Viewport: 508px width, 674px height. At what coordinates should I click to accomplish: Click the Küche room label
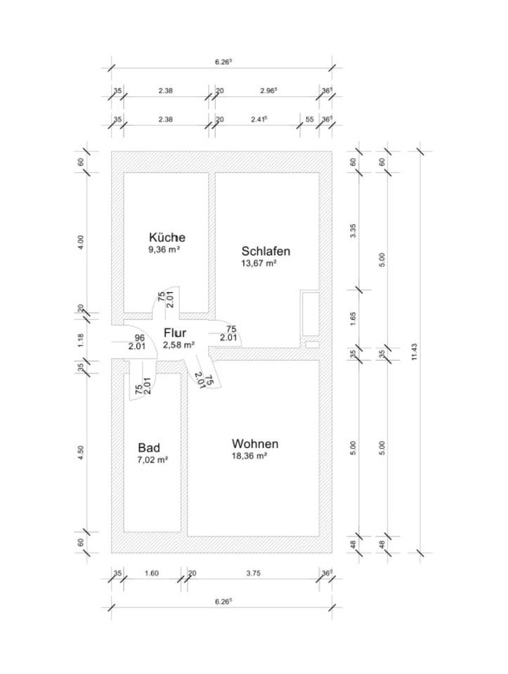click(x=167, y=237)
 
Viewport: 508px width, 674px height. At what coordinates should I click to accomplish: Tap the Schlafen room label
click(x=266, y=251)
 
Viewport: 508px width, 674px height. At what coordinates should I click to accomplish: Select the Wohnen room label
click(x=255, y=444)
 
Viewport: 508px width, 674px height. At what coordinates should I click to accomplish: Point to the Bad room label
click(x=149, y=448)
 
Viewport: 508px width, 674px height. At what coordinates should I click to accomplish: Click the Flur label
click(x=175, y=333)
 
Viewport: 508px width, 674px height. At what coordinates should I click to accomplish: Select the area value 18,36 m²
click(x=249, y=456)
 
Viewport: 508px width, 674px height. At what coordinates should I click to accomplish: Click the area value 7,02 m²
click(x=152, y=460)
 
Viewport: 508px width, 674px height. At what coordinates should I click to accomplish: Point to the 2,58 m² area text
click(x=178, y=345)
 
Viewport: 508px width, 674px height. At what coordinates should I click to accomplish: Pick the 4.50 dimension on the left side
click(x=82, y=453)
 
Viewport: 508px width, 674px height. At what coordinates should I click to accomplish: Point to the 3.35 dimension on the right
click(x=353, y=230)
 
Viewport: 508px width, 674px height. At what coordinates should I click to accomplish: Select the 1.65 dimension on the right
click(x=353, y=317)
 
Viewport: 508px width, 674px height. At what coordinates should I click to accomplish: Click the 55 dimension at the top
click(x=309, y=119)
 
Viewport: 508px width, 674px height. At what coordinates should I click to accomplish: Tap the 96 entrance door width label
click(x=140, y=338)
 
